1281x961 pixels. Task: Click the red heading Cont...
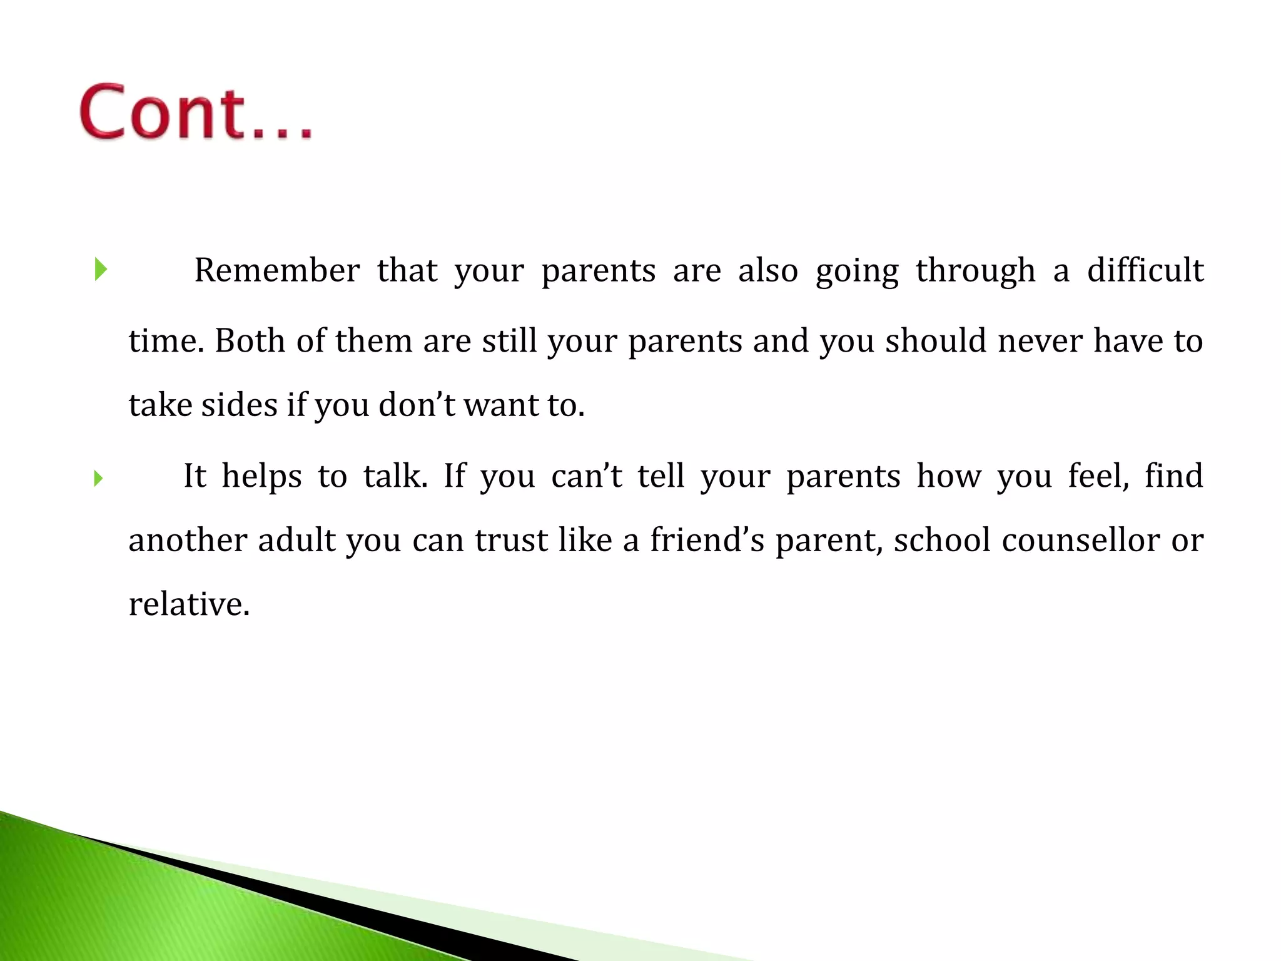(195, 113)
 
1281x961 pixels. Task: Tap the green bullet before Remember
(101, 270)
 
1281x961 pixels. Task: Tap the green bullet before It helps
(98, 479)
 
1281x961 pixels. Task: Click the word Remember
(276, 271)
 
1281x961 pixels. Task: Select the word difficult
(1145, 271)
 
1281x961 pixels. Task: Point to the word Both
(250, 342)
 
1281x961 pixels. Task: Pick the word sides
(239, 405)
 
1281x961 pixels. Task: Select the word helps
(261, 476)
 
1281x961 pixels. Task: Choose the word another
(187, 541)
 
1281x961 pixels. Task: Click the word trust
(511, 541)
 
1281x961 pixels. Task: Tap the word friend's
(707, 541)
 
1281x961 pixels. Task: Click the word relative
(188, 605)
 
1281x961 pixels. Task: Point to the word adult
(297, 541)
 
